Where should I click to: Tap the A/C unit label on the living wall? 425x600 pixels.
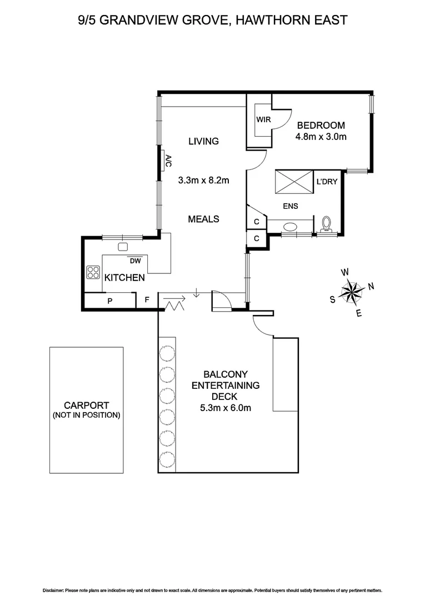click(x=168, y=161)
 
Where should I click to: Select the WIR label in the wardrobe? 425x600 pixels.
click(x=263, y=119)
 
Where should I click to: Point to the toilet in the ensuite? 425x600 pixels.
click(x=327, y=224)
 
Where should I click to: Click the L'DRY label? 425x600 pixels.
click(x=327, y=182)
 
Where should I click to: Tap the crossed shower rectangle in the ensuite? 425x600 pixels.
click(x=293, y=182)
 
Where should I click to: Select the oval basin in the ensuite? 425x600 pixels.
click(x=290, y=227)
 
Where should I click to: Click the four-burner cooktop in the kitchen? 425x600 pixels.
click(x=92, y=273)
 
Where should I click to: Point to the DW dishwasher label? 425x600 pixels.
click(x=134, y=261)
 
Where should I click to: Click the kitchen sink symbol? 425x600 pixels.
click(x=123, y=247)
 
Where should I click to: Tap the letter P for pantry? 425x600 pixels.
click(x=110, y=301)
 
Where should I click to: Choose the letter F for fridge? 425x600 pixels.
click(x=147, y=301)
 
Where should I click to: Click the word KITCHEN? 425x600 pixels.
click(x=125, y=277)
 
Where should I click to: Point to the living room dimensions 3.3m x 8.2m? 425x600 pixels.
click(x=204, y=180)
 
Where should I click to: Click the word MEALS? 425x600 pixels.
click(x=203, y=219)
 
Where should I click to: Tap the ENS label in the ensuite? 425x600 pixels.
click(x=290, y=206)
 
